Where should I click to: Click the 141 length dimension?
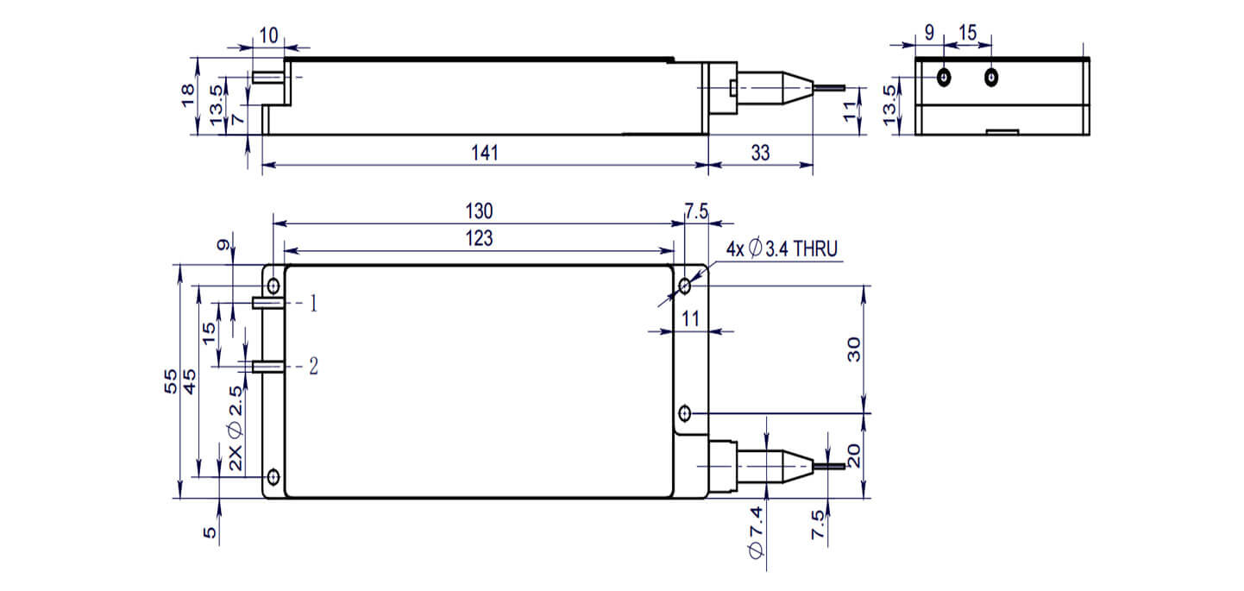coord(486,153)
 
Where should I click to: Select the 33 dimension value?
coord(760,153)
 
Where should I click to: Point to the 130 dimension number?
coord(479,211)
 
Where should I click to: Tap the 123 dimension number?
coord(479,239)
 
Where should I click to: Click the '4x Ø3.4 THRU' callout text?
coord(782,249)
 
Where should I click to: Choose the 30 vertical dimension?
coord(853,348)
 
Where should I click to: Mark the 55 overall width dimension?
coord(170,380)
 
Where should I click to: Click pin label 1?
coord(314,303)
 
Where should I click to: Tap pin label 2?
coord(314,367)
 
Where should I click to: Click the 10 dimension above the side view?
coord(267,35)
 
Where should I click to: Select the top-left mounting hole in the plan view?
coord(273,286)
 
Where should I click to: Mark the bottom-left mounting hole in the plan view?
coord(273,476)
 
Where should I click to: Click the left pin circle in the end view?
coord(945,78)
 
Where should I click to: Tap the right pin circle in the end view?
coord(991,78)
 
